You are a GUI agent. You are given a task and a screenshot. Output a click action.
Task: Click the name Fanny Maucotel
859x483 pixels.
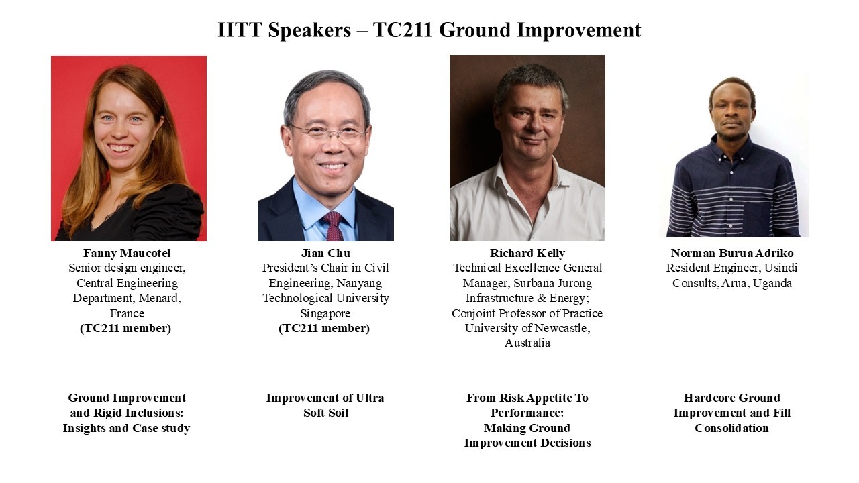click(127, 253)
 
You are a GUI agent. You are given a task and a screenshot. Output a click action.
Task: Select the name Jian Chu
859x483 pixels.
click(325, 253)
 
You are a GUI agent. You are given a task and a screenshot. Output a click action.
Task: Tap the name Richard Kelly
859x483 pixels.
click(527, 253)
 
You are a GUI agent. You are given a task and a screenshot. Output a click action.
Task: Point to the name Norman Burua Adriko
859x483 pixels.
click(732, 253)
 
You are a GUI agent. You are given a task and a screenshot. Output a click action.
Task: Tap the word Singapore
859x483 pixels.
click(325, 313)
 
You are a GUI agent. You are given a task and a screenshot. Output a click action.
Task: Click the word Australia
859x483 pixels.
click(527, 343)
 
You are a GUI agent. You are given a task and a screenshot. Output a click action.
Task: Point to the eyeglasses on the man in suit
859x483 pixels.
click(328, 133)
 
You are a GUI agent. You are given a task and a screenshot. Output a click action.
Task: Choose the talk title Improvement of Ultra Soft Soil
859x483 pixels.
click(325, 405)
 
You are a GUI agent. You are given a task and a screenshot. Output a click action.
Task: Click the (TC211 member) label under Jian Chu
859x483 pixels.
click(324, 329)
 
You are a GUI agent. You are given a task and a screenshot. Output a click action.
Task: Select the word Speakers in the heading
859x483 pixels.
click(309, 30)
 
